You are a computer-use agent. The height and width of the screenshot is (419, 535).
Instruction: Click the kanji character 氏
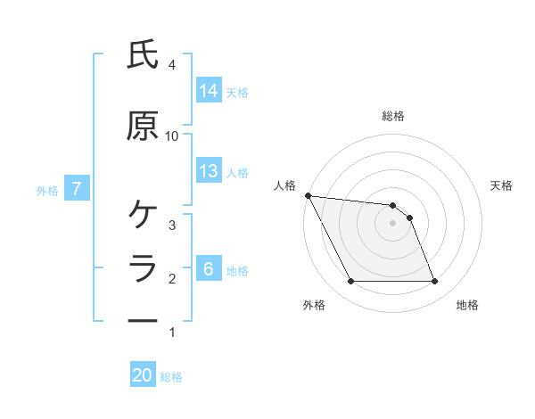tap(143, 55)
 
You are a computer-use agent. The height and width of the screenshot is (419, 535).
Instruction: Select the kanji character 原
tap(143, 127)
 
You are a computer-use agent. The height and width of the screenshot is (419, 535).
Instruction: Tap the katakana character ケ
tap(143, 214)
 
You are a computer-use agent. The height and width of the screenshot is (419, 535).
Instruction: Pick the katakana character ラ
tap(143, 268)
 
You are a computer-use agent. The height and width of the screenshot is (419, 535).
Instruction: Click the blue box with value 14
tap(209, 90)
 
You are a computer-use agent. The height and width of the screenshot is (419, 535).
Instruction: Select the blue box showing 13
tap(209, 171)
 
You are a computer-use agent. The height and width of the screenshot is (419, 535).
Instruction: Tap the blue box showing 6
tap(209, 269)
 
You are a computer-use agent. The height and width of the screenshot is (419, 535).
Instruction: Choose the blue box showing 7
tap(77, 189)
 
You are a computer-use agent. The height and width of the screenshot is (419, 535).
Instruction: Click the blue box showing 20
tap(143, 375)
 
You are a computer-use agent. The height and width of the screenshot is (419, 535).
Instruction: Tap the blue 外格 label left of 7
tap(47, 190)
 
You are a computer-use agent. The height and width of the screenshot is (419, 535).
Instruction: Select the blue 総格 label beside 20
tap(171, 377)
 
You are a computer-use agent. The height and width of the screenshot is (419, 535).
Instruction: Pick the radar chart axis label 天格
tap(502, 185)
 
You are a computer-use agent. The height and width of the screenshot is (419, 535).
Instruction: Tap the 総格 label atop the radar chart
tap(393, 116)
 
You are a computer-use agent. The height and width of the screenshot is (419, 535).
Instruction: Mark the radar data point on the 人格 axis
tap(308, 195)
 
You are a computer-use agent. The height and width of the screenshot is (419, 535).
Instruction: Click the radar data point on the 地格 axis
tap(434, 282)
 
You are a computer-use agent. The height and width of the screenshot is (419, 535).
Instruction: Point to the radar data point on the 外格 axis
tap(350, 282)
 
